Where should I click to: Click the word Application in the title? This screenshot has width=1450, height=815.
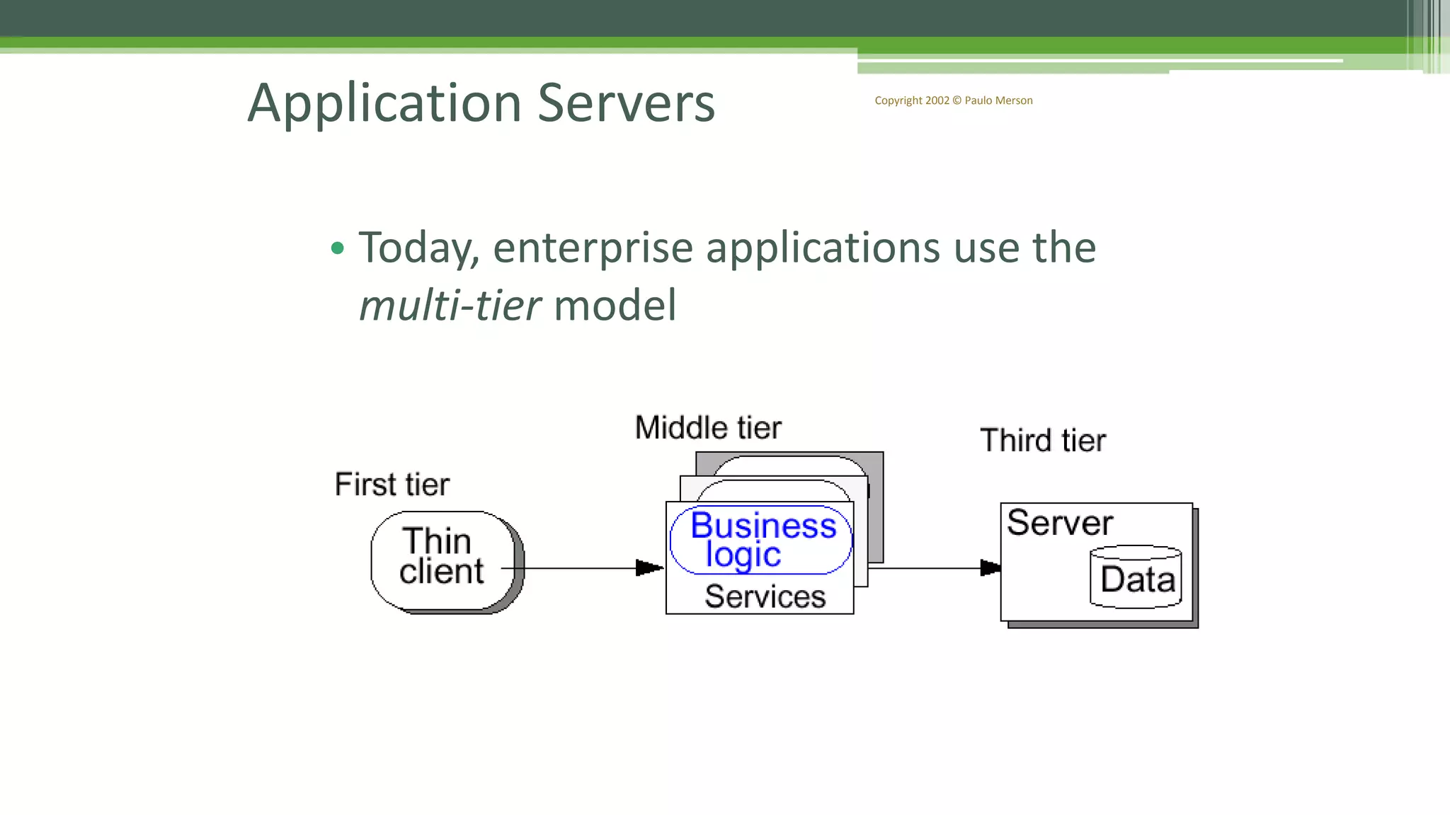[x=384, y=103]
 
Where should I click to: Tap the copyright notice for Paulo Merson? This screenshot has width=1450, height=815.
[x=953, y=100]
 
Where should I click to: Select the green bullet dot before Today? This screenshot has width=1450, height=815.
[x=338, y=248]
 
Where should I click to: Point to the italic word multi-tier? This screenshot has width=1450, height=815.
[x=450, y=306]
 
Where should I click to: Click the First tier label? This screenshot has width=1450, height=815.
[x=392, y=485]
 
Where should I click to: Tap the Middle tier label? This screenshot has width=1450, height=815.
[x=708, y=427]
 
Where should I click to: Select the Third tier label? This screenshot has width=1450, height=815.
[x=1042, y=440]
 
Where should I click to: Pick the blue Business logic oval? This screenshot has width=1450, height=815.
[x=761, y=540]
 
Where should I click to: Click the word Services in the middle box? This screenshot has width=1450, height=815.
[x=765, y=596]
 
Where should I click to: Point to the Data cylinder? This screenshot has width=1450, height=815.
[x=1136, y=577]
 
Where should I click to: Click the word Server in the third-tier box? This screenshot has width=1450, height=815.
[x=1059, y=523]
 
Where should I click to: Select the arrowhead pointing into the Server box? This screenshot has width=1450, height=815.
[x=990, y=567]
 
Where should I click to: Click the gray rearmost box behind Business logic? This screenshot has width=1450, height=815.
[x=877, y=509]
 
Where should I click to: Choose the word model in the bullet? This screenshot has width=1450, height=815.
[x=615, y=306]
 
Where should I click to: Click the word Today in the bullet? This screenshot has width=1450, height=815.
[x=418, y=248]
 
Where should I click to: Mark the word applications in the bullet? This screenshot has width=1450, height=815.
[x=822, y=248]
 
